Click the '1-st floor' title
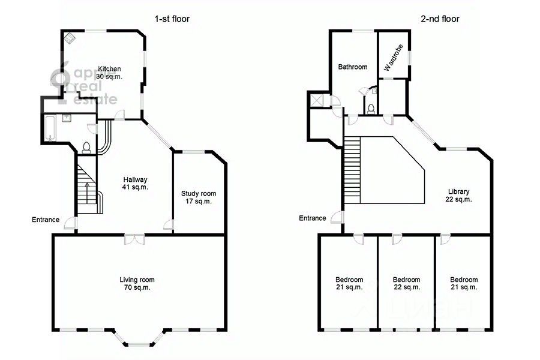[172, 19]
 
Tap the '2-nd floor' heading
[440, 19]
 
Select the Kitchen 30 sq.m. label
[109, 73]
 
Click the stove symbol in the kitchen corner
[71, 38]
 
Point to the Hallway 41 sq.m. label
[136, 183]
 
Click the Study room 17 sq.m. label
[199, 197]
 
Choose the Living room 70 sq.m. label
[137, 284]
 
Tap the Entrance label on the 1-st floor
[46, 220]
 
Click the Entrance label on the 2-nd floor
[313, 218]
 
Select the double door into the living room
[134, 239]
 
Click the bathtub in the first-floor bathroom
[50, 128]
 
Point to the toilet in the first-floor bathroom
[86, 148]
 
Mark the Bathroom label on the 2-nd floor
[353, 67]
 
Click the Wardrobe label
[393, 58]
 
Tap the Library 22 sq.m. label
[459, 196]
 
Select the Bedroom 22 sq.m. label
[406, 284]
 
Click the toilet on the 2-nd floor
[371, 109]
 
